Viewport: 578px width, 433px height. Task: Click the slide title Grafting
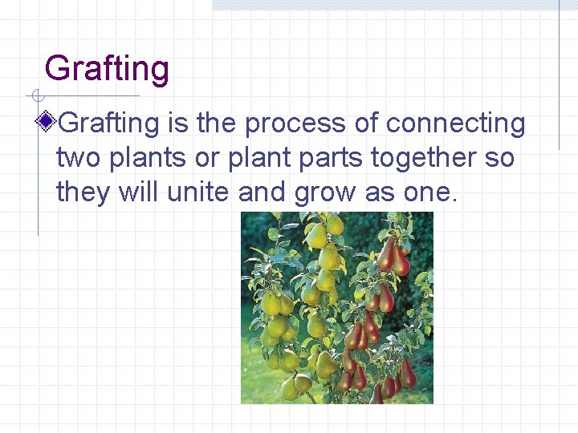(107, 69)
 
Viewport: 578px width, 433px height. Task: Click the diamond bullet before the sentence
(48, 123)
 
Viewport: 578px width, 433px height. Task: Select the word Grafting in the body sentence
(109, 123)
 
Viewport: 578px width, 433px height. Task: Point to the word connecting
(455, 123)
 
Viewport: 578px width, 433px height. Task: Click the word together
(423, 159)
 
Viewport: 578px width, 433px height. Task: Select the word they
(84, 193)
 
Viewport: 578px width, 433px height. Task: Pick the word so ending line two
(499, 159)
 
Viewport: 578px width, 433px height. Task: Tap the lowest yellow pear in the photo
(290, 388)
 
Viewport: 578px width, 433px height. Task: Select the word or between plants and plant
(208, 159)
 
